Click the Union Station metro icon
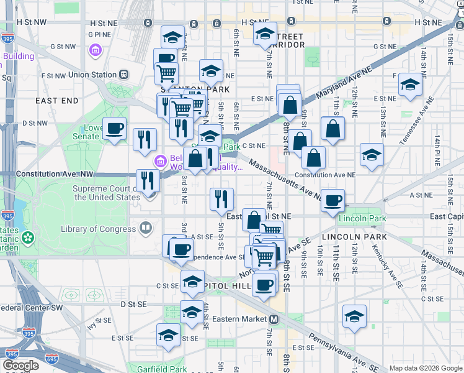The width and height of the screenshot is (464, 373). coord(123,75)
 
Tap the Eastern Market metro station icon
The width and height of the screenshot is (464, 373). coord(274,319)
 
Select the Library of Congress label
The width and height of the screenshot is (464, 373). coord(98,229)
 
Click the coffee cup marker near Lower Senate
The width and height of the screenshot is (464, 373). coord(114,129)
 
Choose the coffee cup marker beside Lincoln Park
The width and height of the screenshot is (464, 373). coord(333,200)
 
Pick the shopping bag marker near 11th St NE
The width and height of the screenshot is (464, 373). coord(332,129)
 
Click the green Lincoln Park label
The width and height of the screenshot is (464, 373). coord(362,218)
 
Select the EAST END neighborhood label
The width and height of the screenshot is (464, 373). coord(56,100)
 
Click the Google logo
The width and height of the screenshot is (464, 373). coord(21,366)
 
